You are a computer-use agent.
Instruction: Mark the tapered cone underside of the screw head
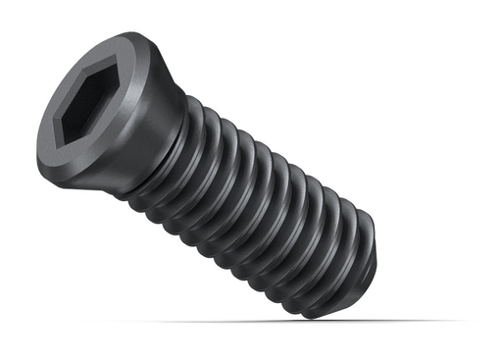click(x=147, y=118)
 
